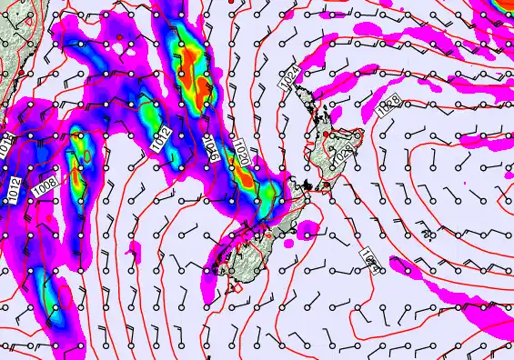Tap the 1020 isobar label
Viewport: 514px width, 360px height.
241,150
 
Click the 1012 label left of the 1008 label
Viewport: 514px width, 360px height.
14,187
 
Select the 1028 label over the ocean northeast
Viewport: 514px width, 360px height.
386,106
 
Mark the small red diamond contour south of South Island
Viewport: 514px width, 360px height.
239,288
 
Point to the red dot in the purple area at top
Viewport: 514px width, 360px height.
118,35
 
